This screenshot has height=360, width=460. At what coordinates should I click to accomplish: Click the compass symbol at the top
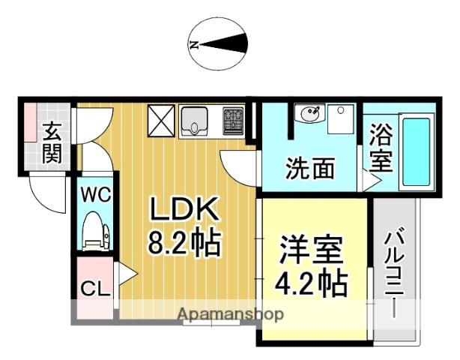click(x=218, y=45)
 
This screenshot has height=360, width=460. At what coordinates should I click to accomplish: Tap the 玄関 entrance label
click(x=51, y=142)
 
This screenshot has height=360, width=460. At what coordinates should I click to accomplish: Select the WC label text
click(x=95, y=195)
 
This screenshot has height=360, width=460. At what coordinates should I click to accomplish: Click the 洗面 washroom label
click(x=309, y=169)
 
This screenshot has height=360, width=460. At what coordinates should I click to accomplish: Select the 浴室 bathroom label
click(x=381, y=149)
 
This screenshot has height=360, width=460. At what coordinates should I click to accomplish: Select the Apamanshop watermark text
click(x=230, y=314)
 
